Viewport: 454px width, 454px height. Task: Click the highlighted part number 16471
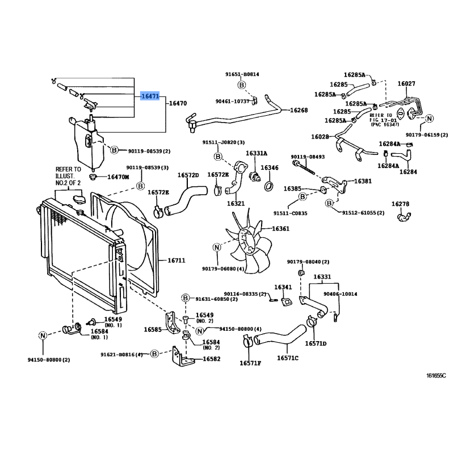(150, 96)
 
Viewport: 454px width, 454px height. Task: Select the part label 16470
(178, 104)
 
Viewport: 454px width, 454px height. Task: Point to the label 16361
(280, 229)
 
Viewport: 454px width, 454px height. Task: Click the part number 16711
(176, 260)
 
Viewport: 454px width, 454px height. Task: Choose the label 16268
(299, 110)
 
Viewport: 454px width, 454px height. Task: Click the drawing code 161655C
(436, 376)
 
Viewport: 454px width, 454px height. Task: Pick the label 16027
(406, 83)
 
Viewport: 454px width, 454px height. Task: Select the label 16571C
(288, 358)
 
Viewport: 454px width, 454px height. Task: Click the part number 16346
(270, 168)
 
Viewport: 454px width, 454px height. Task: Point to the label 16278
(400, 204)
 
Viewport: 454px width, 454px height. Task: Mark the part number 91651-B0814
(242, 74)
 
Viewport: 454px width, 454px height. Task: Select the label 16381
(363, 181)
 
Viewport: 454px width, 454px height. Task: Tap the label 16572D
(188, 175)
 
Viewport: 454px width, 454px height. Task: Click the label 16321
(236, 203)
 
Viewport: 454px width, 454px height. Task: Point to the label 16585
(153, 329)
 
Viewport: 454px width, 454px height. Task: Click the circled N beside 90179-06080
(216, 247)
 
